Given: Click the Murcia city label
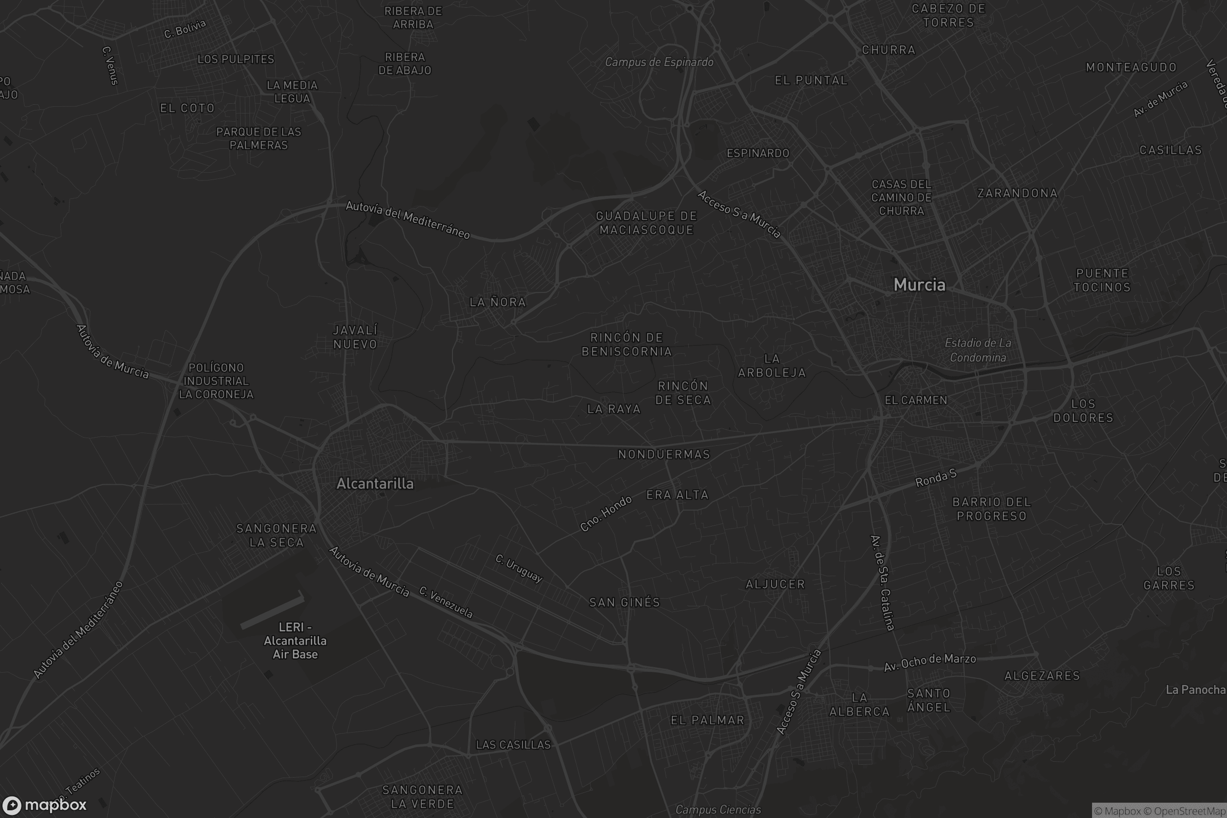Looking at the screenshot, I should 919,285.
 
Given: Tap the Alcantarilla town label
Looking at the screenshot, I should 375,484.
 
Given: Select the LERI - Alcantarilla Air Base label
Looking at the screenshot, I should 295,641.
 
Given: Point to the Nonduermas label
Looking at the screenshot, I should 664,455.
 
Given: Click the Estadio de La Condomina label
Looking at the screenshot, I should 978,350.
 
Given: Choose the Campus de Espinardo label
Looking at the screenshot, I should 659,62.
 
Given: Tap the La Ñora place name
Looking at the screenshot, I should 497,302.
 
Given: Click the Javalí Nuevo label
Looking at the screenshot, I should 355,337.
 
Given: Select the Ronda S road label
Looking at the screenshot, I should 936,478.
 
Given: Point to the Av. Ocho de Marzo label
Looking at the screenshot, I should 929,662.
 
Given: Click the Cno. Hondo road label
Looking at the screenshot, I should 606,513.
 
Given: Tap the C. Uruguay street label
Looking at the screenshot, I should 519,568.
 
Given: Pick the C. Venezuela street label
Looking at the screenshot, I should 446,603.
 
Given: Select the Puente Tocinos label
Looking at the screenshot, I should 1102,280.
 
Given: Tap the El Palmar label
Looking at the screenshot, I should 708,720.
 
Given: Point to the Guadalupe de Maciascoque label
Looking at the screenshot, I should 646,223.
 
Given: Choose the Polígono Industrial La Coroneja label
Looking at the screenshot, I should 216,381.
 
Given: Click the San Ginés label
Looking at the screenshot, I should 624,603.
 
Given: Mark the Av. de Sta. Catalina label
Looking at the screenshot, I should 882,582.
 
